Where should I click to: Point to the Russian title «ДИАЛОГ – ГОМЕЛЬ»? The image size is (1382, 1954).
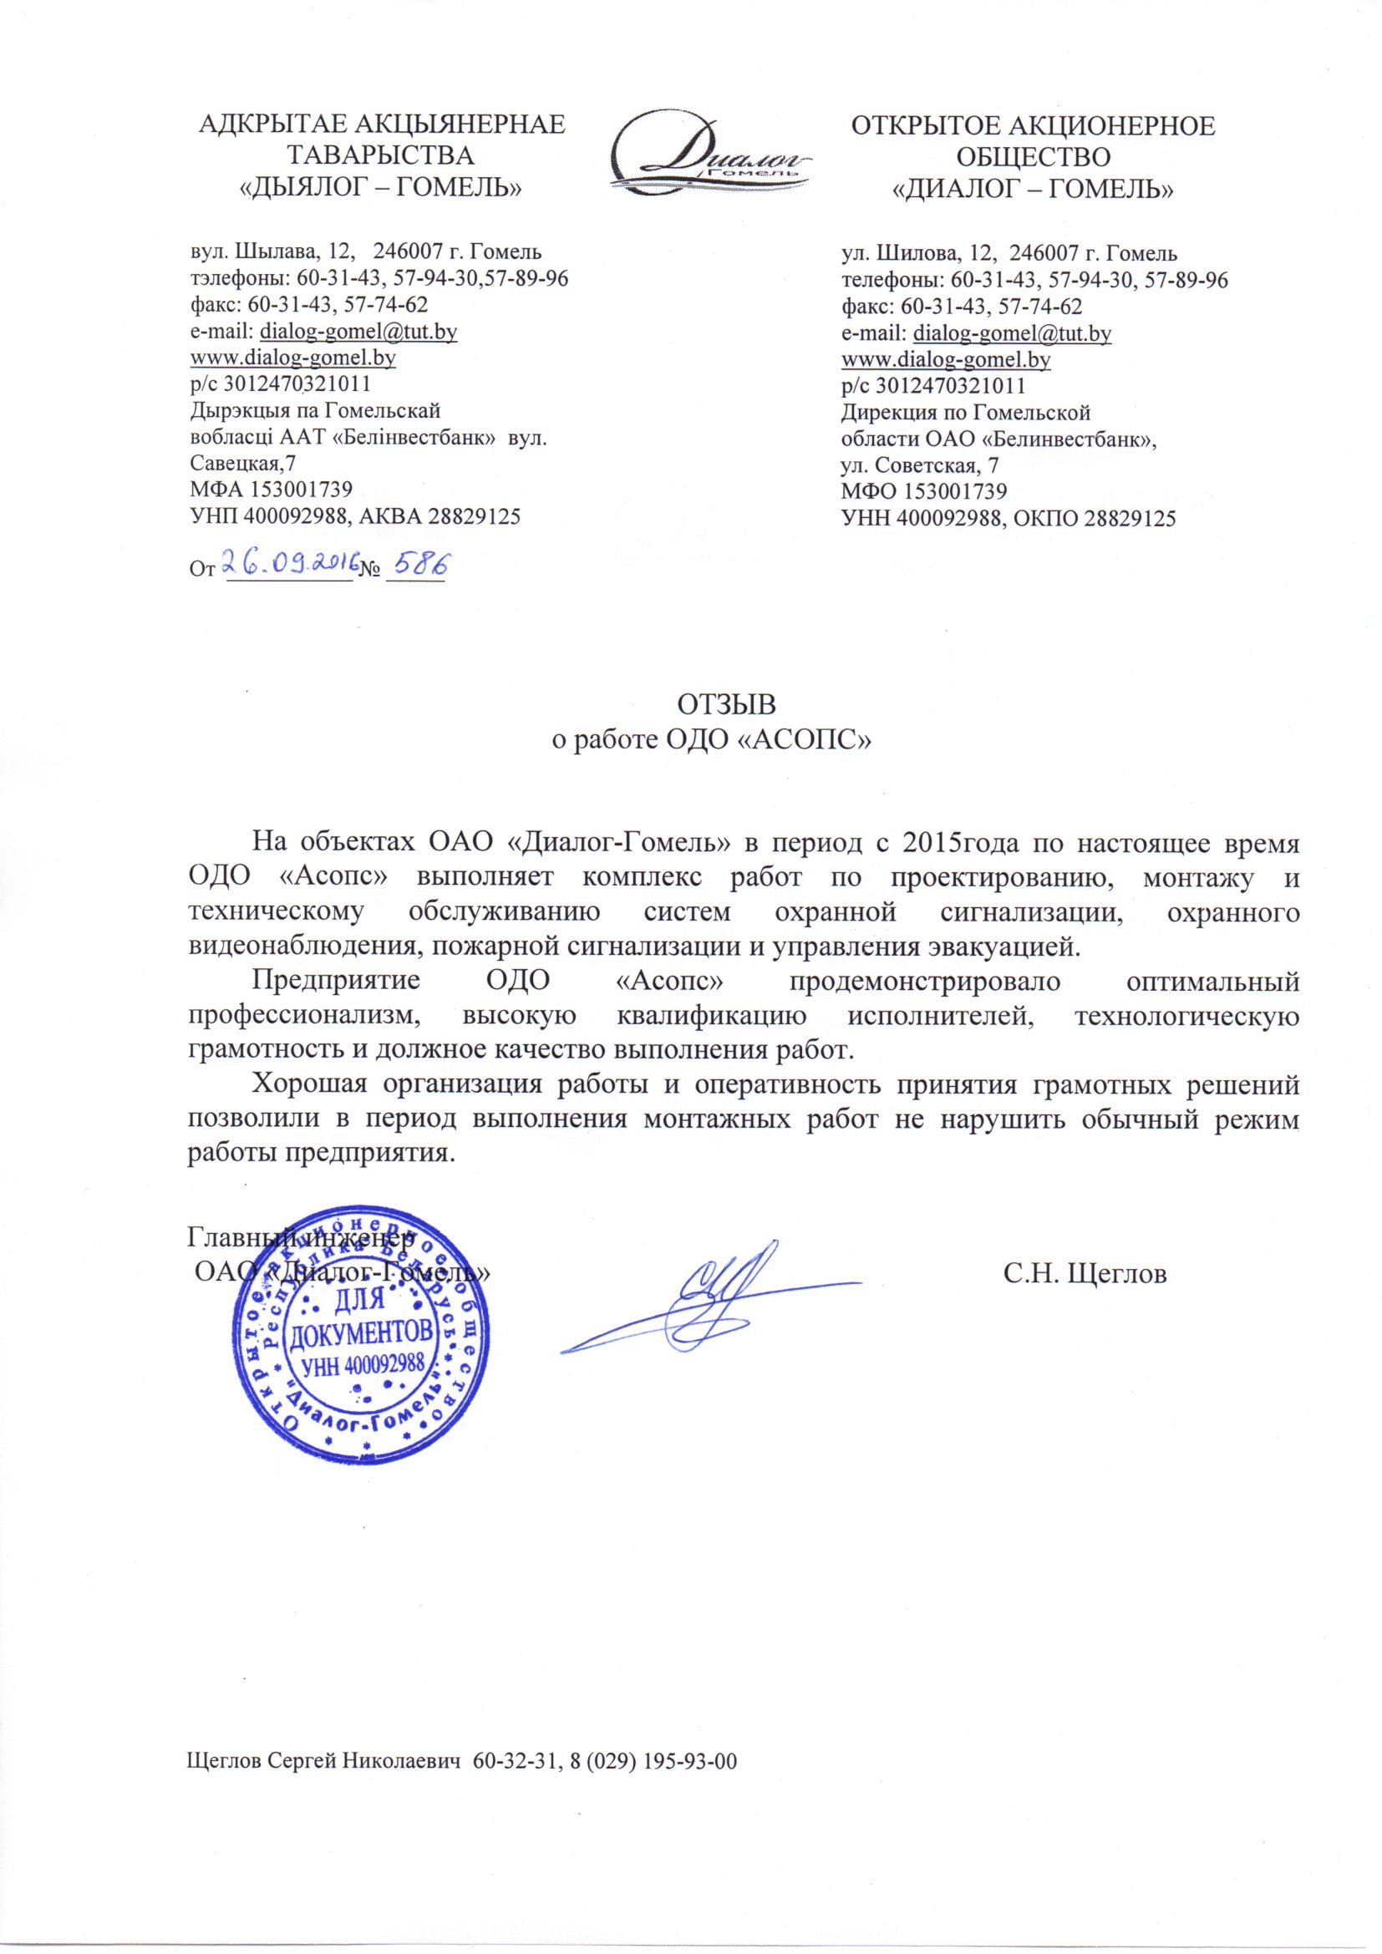pyautogui.click(x=1031, y=185)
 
